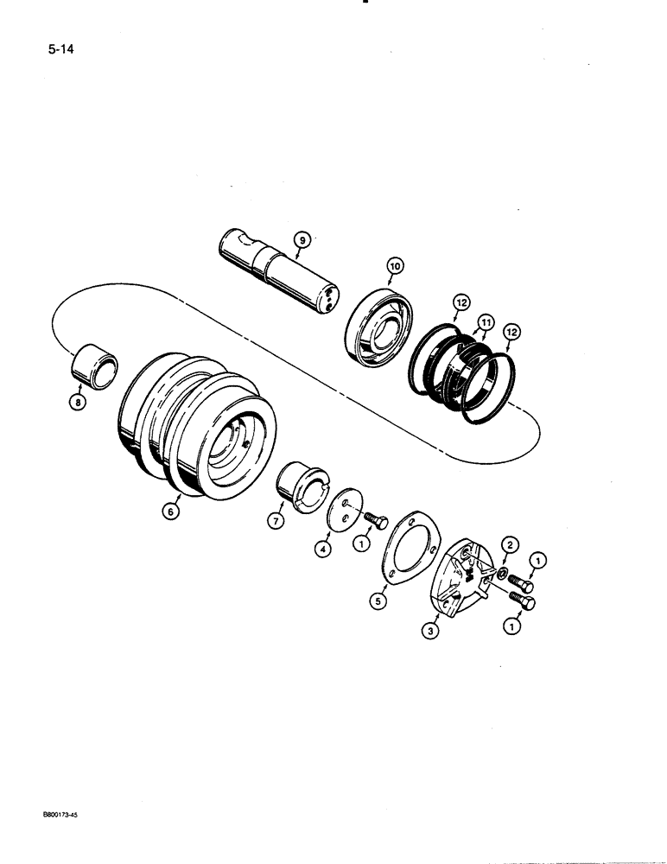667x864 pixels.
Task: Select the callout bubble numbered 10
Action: (x=394, y=269)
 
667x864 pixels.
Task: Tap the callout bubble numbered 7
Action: (x=276, y=521)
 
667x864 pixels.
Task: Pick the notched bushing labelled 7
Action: (x=303, y=487)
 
